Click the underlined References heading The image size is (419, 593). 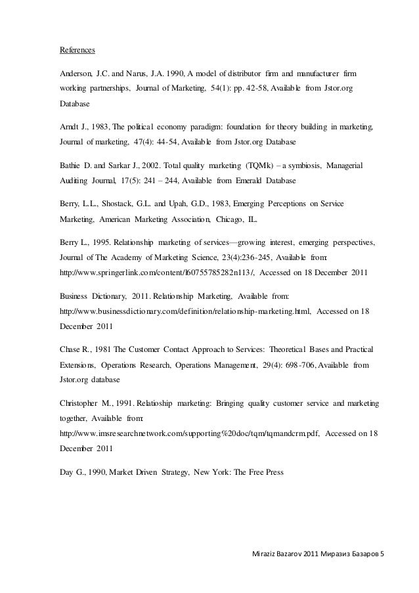pos(77,50)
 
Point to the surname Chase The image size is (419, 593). pos(71,349)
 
